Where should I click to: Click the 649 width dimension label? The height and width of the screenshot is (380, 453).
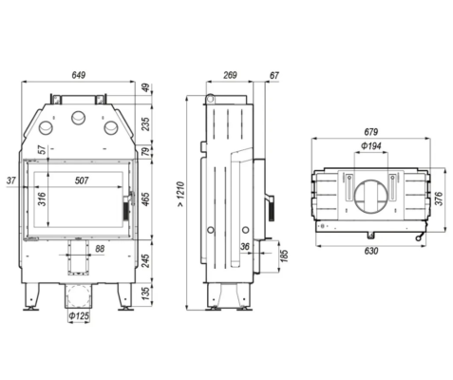pyautogui.click(x=79, y=75)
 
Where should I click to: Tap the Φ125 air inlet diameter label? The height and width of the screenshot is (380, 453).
pyautogui.click(x=79, y=315)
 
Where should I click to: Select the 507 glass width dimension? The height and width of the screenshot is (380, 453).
pyautogui.click(x=82, y=180)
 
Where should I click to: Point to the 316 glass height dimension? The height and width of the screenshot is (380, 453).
pyautogui.click(x=42, y=199)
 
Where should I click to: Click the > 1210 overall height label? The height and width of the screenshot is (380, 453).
pyautogui.click(x=180, y=194)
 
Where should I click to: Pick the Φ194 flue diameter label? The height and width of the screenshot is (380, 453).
pyautogui.click(x=371, y=146)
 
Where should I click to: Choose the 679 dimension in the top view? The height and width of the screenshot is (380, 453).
pyautogui.click(x=371, y=131)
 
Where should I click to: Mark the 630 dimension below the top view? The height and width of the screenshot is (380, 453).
pyautogui.click(x=371, y=251)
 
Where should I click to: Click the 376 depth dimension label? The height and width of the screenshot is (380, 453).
pyautogui.click(x=439, y=199)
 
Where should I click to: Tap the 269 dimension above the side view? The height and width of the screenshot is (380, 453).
pyautogui.click(x=230, y=75)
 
